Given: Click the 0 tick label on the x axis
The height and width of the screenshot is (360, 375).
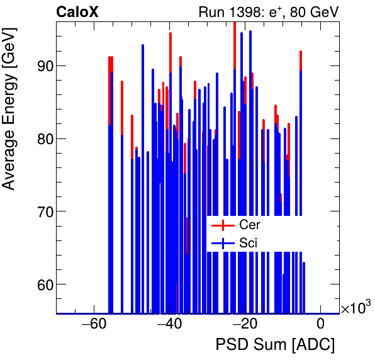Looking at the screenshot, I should (320, 325).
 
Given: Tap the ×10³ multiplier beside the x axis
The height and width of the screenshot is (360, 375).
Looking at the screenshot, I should (355, 307).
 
